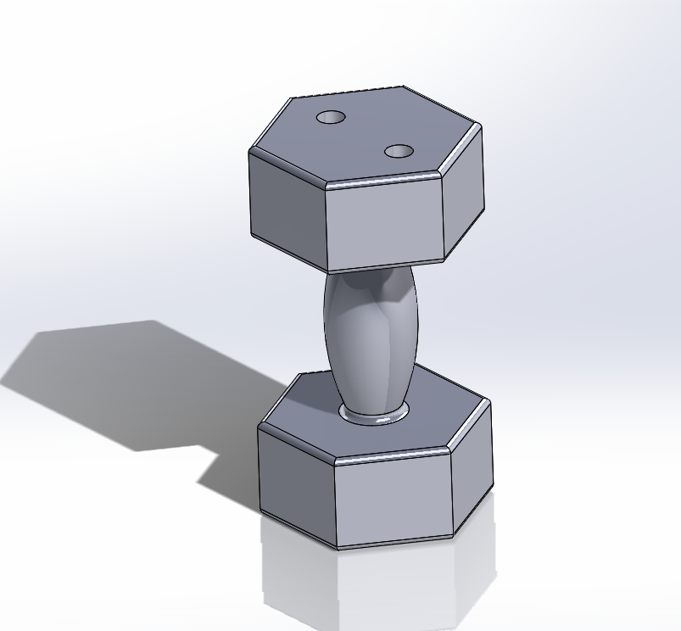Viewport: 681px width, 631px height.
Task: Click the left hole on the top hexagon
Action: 331,117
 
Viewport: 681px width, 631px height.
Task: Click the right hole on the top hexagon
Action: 399,152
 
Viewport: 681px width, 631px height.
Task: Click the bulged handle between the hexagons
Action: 369,339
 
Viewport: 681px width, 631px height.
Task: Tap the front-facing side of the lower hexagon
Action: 394,500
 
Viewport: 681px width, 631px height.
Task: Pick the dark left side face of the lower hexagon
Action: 297,479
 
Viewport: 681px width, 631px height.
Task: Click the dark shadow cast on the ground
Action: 127,382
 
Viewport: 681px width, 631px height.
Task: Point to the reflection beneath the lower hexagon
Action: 373,585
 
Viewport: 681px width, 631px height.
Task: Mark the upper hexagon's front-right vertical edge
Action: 444,217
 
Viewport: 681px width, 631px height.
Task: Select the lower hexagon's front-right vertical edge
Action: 453,494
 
